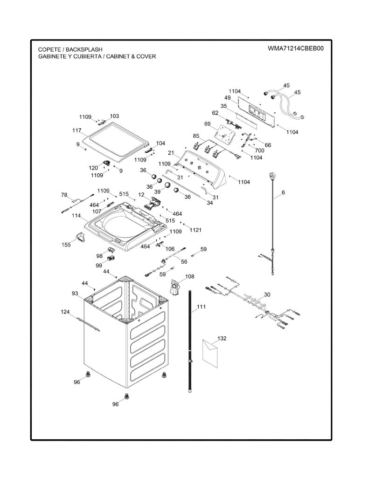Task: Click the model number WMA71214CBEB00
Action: (x=296, y=48)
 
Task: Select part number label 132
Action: (x=222, y=338)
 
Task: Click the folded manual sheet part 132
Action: (x=210, y=353)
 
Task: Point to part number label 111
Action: (x=201, y=307)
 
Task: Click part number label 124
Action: (x=65, y=312)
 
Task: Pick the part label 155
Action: (x=66, y=245)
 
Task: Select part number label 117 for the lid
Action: (x=77, y=130)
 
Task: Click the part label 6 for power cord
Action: (x=283, y=192)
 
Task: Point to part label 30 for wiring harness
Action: (x=267, y=294)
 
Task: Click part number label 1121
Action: (x=195, y=230)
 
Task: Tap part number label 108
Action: (x=189, y=277)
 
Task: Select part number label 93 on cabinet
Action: (x=75, y=293)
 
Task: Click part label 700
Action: (x=260, y=150)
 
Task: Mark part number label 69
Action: (x=208, y=124)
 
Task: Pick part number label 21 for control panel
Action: (x=171, y=152)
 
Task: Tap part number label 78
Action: (x=64, y=195)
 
